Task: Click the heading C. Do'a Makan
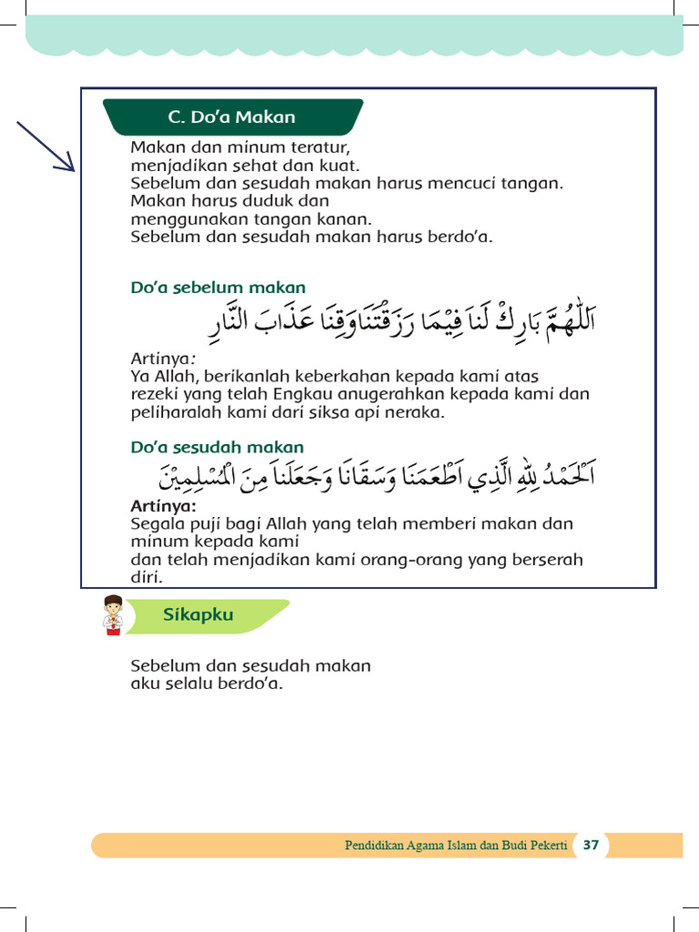pyautogui.click(x=231, y=117)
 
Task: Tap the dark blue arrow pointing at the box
pyautogui.click(x=46, y=146)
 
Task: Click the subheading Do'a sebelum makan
pyautogui.click(x=218, y=289)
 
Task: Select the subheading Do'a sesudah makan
pyautogui.click(x=217, y=448)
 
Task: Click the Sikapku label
pyautogui.click(x=198, y=614)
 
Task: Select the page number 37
pyautogui.click(x=591, y=845)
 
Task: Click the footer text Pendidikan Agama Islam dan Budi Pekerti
pyautogui.click(x=455, y=846)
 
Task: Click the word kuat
pyautogui.click(x=342, y=166)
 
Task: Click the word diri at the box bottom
pyautogui.click(x=145, y=577)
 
